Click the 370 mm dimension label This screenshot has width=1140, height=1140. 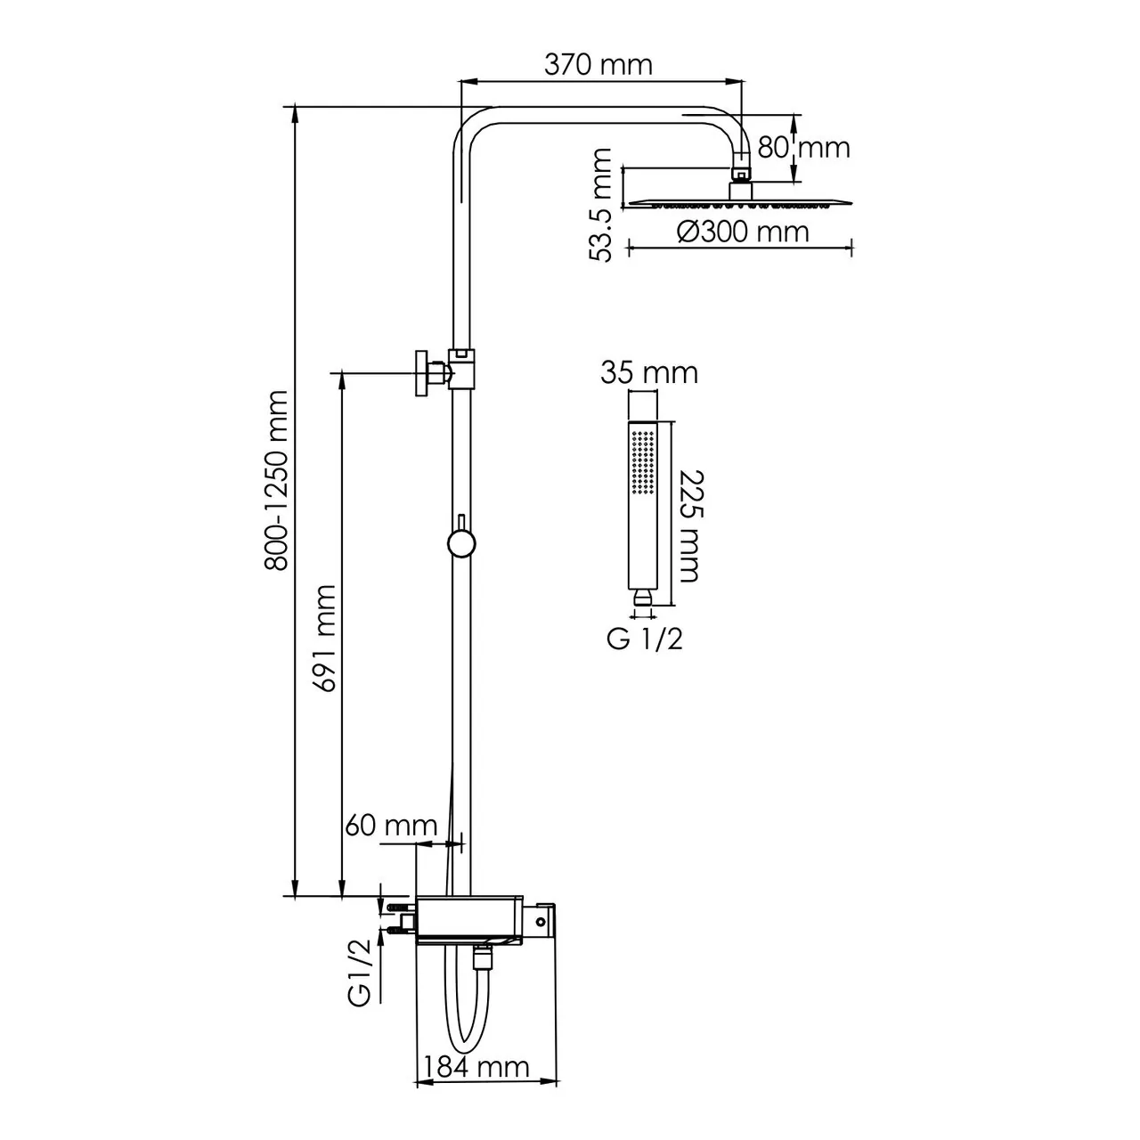click(x=599, y=64)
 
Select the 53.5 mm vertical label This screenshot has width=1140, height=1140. click(x=603, y=205)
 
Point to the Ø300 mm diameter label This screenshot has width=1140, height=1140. click(x=743, y=232)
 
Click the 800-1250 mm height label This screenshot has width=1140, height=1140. click(x=277, y=481)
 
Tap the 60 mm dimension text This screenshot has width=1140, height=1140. click(x=391, y=825)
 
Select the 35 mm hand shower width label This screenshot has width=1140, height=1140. click(x=648, y=372)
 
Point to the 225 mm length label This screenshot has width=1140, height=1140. click(x=687, y=525)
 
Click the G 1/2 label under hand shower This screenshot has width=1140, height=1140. click(x=645, y=638)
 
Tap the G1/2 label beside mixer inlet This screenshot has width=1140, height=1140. click(x=361, y=980)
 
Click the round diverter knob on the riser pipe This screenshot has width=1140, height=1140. click(x=461, y=542)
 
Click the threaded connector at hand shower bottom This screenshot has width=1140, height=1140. click(x=642, y=600)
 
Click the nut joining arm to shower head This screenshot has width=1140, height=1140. click(x=740, y=171)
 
